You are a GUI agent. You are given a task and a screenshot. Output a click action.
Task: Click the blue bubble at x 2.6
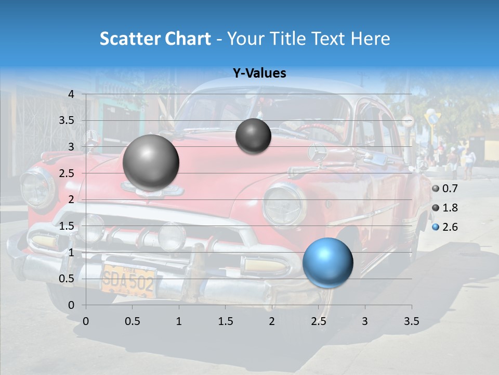pyautogui.click(x=327, y=262)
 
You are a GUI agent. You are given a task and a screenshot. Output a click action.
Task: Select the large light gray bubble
pyautogui.click(x=151, y=162)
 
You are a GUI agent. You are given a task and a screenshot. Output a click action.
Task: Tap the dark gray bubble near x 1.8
pyautogui.click(x=253, y=136)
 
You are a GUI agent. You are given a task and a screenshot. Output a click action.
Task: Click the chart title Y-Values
pyautogui.click(x=259, y=73)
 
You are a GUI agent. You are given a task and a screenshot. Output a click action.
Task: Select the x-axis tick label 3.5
pyautogui.click(x=411, y=321)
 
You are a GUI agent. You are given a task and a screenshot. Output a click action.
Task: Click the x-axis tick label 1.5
pyautogui.click(x=225, y=321)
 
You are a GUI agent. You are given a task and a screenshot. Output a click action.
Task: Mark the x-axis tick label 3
pyautogui.click(x=364, y=321)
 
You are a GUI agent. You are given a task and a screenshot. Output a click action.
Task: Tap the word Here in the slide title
pyautogui.click(x=370, y=39)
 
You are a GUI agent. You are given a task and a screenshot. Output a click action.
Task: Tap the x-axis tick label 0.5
pyautogui.click(x=132, y=321)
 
